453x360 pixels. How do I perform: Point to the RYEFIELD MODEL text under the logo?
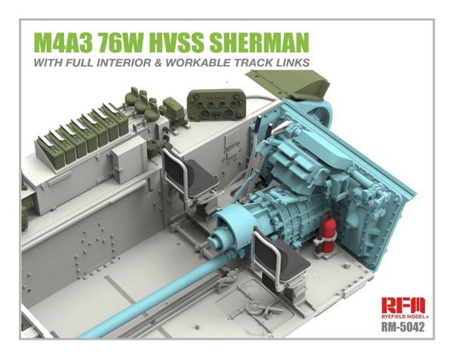[x=404, y=318]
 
